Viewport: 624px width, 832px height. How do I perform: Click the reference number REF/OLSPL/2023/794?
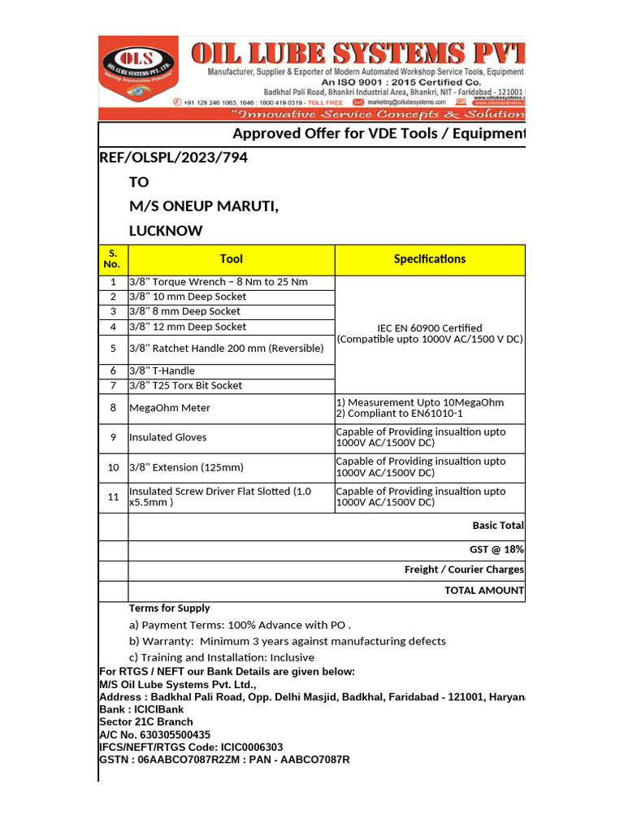pyautogui.click(x=173, y=158)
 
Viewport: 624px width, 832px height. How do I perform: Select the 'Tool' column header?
pyautogui.click(x=231, y=259)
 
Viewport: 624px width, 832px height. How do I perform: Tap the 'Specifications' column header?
pyautogui.click(x=430, y=259)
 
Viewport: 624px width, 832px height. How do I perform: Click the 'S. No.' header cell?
pyautogui.click(x=113, y=259)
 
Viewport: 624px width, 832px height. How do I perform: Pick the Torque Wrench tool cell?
pyautogui.click(x=219, y=282)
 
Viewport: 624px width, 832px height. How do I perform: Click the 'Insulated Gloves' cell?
pyautogui.click(x=168, y=437)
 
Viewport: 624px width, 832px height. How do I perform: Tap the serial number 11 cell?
pyautogui.click(x=113, y=497)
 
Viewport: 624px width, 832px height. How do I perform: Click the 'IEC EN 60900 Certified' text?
pyautogui.click(x=430, y=328)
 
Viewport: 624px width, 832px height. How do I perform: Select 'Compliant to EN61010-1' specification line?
pyautogui.click(x=399, y=414)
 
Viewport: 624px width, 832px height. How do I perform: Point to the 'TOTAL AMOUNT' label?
pyautogui.click(x=483, y=591)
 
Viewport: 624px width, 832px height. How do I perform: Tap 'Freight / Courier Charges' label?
pyautogui.click(x=464, y=570)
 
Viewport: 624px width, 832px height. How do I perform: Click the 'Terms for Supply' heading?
pyautogui.click(x=169, y=609)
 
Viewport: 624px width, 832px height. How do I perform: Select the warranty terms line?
pyautogui.click(x=288, y=641)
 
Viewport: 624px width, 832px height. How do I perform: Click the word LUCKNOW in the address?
pyautogui.click(x=166, y=231)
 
